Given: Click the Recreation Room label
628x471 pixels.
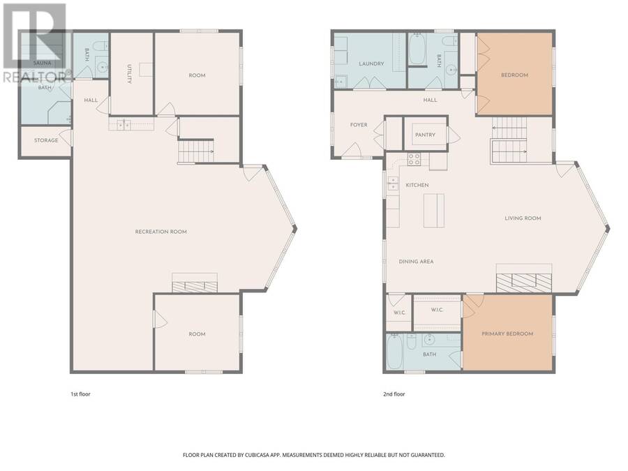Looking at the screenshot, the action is (160, 232).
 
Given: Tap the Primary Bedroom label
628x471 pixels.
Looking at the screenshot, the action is (507, 334).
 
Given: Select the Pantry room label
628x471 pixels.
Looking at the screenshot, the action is (425, 135).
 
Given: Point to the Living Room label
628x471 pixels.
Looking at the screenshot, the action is (523, 218).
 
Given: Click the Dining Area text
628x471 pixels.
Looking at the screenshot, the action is (416, 262).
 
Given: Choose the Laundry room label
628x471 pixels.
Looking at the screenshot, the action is (371, 63).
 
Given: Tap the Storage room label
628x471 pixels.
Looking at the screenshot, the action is (46, 140).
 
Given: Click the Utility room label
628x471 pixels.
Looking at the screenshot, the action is (129, 74).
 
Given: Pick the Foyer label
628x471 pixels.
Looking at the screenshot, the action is (359, 125).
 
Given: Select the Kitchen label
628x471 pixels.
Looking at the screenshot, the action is (417, 185).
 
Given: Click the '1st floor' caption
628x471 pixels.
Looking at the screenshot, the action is (80, 394).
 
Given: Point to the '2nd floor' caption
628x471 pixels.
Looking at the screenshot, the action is (394, 394).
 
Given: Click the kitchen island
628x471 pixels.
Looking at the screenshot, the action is (434, 211).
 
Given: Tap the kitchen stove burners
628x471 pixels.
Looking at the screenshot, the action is (414, 159).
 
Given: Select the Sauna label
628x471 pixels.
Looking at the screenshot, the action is (42, 63).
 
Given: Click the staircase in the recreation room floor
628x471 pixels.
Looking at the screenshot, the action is (196, 150).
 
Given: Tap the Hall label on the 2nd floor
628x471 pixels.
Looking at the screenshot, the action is (430, 100).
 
